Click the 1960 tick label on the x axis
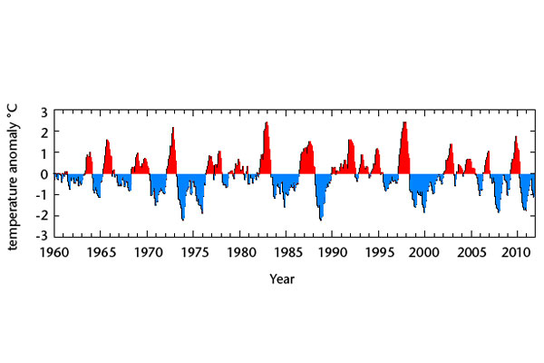click(x=54, y=252)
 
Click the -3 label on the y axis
click(x=42, y=236)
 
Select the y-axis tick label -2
click(x=42, y=215)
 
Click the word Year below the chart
click(x=281, y=279)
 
